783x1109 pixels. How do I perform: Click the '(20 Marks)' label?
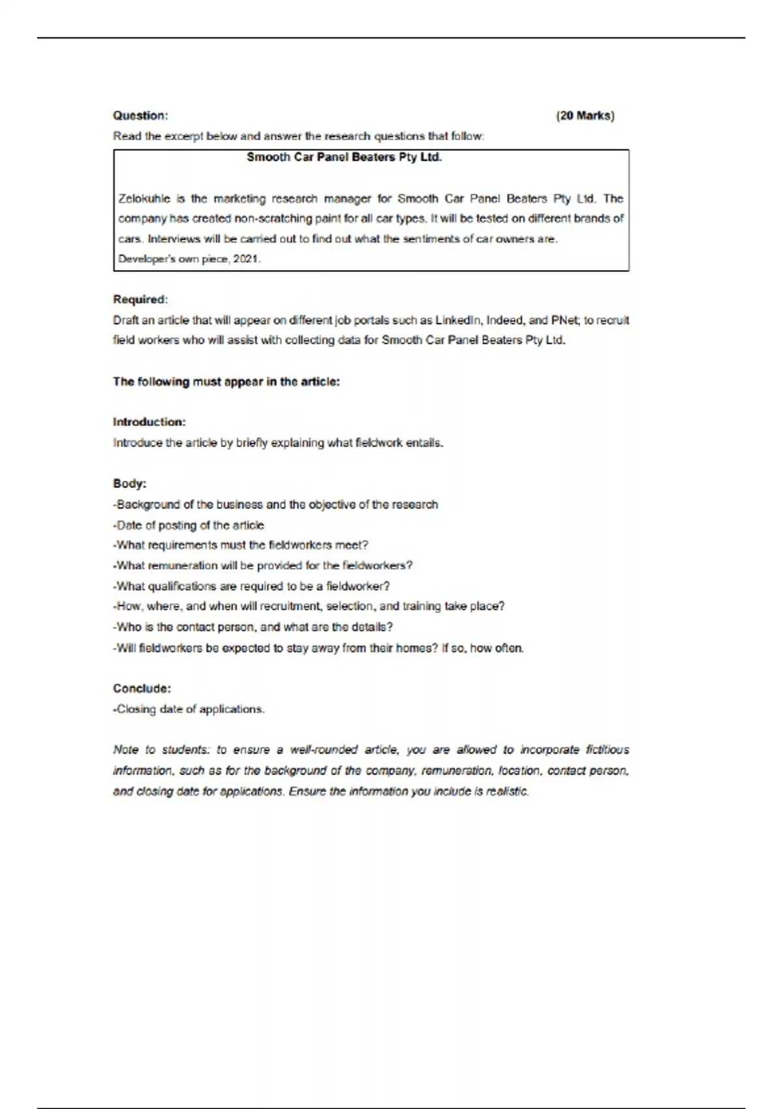coord(585,116)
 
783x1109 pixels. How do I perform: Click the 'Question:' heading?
coord(140,116)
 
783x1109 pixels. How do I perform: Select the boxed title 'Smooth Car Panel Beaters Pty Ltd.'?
coord(345,157)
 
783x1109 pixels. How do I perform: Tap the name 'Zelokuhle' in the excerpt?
coord(143,198)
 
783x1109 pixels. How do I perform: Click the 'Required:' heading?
coord(140,299)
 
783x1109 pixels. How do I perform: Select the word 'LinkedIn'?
coord(458,320)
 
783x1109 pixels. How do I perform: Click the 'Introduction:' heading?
coord(149,422)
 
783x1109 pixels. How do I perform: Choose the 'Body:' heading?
coord(130,483)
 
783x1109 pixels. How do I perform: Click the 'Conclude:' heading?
coord(142,688)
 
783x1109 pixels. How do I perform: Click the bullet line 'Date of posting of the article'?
coord(189,525)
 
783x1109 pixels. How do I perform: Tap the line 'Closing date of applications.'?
coord(189,709)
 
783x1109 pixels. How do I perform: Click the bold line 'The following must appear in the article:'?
coord(226,382)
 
